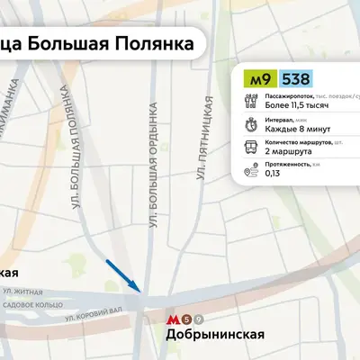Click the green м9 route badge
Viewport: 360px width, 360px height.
(x=260, y=79)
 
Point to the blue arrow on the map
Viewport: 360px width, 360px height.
(x=122, y=275)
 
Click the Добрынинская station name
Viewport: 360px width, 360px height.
(x=215, y=336)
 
